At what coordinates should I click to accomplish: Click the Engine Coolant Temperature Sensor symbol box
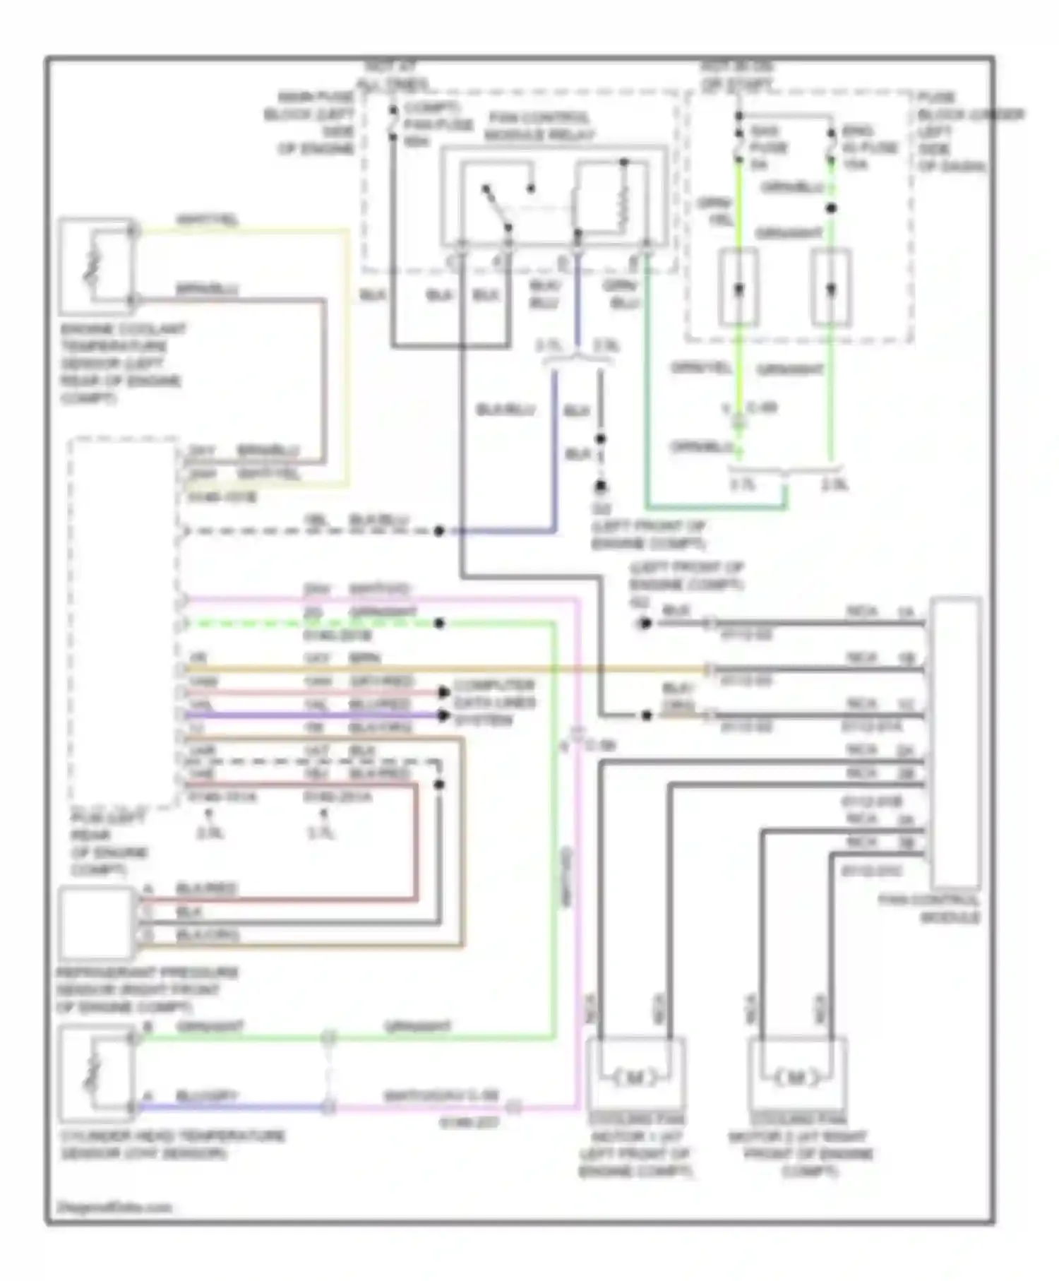click(95, 266)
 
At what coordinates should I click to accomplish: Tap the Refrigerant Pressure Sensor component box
click(96, 922)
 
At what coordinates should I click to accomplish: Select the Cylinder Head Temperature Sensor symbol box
click(96, 1074)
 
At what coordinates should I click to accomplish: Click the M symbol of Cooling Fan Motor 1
click(635, 1078)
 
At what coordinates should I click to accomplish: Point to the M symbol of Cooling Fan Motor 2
click(796, 1078)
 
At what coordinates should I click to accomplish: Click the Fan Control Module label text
click(929, 909)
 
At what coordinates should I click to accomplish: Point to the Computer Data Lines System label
click(494, 703)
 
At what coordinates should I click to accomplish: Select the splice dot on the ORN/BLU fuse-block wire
click(832, 208)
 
